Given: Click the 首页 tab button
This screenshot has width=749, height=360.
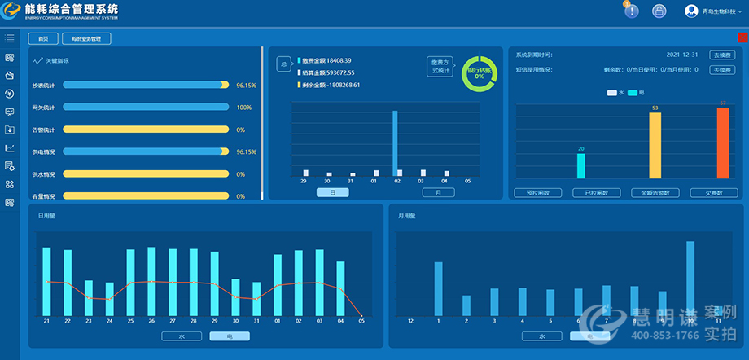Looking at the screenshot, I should click(43, 38).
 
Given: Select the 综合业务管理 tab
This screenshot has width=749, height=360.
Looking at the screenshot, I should click(86, 38).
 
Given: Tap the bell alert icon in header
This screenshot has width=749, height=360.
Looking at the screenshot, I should click(632, 11).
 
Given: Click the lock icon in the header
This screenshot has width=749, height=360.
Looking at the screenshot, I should click(659, 11).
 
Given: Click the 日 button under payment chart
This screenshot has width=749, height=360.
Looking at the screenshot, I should click(332, 193).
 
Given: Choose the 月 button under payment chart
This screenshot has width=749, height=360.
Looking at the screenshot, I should click(438, 193).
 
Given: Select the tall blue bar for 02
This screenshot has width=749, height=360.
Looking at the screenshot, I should click(395, 143).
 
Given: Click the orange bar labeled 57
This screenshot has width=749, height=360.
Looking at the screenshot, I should click(722, 143).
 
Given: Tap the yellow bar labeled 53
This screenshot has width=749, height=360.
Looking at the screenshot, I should click(655, 145).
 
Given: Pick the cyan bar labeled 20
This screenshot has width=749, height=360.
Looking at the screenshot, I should click(580, 165).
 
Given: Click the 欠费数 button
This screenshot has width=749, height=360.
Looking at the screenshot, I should click(713, 193).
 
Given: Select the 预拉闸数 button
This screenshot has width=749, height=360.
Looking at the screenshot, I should click(538, 193).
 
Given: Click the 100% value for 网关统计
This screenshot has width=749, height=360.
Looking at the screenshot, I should click(243, 107).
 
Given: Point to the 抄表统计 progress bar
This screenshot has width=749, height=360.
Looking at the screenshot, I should click(146, 85).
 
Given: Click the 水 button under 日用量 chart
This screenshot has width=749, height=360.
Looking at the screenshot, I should click(181, 336).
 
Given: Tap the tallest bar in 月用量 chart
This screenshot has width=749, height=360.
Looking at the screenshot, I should click(690, 278).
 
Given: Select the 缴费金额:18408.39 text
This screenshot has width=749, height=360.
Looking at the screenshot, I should click(326, 60).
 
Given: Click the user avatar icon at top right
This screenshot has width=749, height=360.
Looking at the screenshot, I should click(692, 11).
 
